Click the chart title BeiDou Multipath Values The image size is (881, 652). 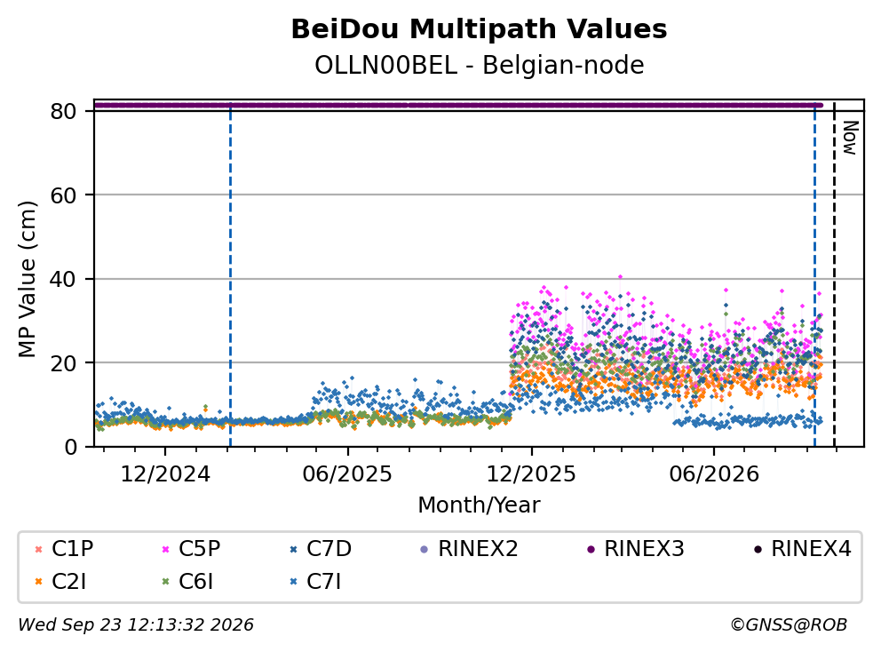479,29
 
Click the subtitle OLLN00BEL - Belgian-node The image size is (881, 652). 479,65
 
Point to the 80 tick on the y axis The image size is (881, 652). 63,111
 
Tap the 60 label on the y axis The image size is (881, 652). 63,195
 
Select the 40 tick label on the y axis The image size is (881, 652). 63,279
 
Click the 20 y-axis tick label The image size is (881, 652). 63,363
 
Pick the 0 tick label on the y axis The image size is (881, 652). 70,448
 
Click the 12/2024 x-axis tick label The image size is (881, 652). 165,474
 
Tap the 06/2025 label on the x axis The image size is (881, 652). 347,474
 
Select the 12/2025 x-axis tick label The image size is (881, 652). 531,474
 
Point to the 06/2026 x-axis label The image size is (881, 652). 713,474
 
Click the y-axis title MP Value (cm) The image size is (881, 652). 27,279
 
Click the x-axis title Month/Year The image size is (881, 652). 479,505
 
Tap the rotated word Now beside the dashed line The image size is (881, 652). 851,138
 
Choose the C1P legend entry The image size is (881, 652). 64,549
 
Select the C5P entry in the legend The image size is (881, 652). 191,549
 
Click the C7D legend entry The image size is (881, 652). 320,549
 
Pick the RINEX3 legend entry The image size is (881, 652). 636,549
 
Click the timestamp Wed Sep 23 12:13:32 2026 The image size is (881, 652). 136,624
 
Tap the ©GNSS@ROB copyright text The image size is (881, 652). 789,624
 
